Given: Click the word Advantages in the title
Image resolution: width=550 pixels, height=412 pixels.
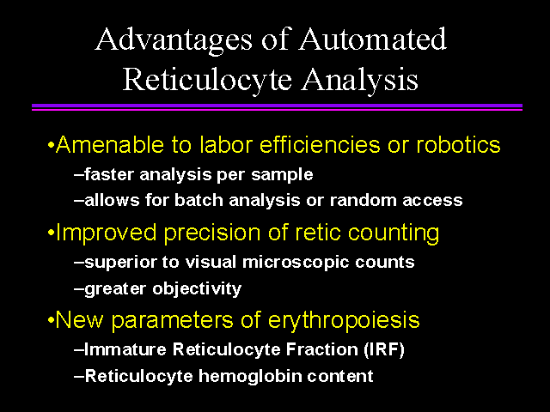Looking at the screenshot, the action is click(x=174, y=40).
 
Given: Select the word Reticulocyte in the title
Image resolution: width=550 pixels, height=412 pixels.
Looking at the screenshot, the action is click(x=207, y=81).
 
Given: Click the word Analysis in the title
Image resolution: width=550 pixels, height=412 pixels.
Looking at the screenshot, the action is click(x=360, y=81).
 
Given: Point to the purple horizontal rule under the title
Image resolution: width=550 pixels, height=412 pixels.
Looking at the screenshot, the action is click(x=277, y=106).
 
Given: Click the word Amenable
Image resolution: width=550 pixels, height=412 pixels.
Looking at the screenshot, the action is click(x=110, y=144).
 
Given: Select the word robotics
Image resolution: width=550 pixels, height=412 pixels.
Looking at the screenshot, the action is click(x=458, y=144).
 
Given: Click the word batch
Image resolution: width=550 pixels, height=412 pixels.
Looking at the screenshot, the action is click(x=199, y=200).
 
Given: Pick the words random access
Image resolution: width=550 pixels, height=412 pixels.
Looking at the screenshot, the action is click(x=396, y=200).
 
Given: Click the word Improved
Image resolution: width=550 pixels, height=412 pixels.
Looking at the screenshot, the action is click(x=106, y=233).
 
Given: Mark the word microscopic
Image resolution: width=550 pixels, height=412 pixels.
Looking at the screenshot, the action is click(x=296, y=263).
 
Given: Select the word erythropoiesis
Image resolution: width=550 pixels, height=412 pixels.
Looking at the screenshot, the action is click(x=344, y=321).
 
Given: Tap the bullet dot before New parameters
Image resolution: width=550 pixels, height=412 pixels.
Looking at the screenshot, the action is click(x=52, y=320).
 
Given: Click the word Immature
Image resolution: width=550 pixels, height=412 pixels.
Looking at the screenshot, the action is click(x=125, y=349).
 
